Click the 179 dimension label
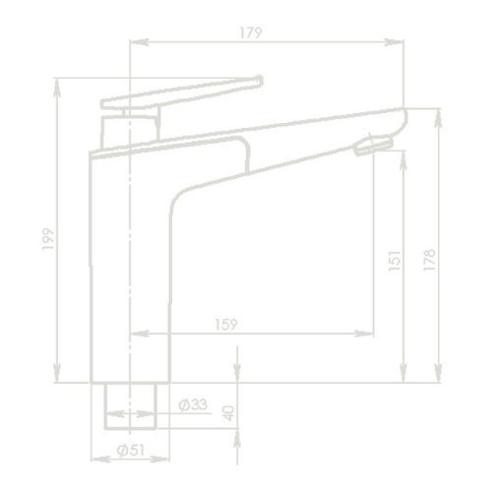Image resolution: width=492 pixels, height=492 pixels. (x=251, y=33)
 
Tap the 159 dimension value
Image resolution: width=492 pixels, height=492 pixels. (x=223, y=321)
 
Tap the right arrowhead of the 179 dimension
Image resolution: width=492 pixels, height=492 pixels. (x=400, y=41)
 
